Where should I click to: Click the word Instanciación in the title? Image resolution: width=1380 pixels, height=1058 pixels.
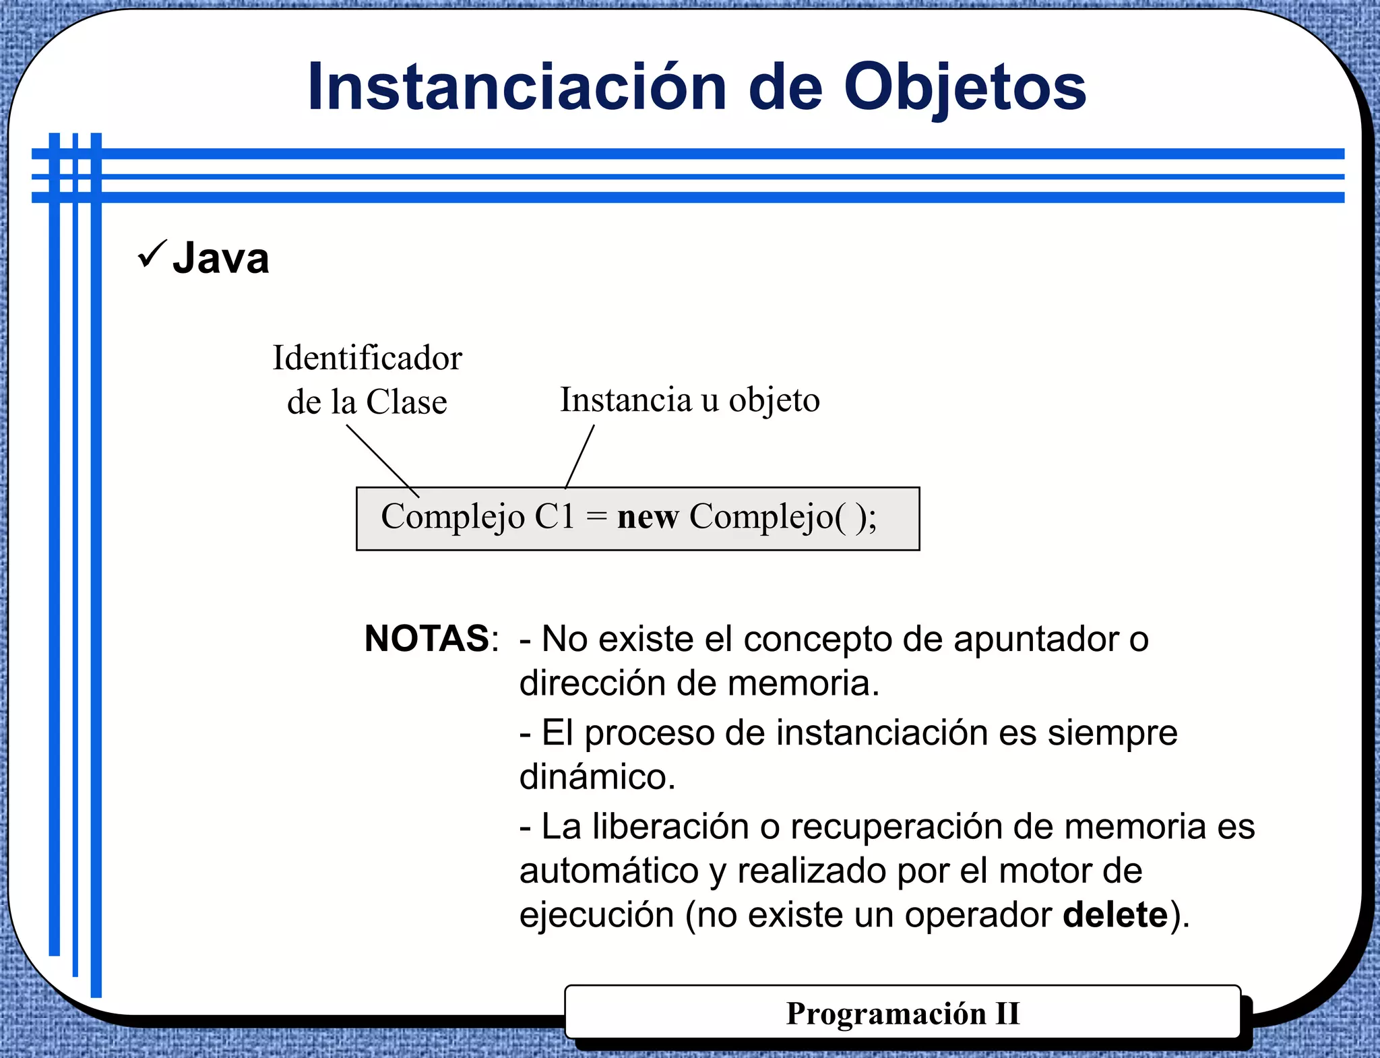tap(516, 88)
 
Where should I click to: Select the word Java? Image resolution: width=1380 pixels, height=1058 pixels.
tap(221, 259)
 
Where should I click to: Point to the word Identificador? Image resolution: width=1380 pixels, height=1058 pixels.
tap(367, 358)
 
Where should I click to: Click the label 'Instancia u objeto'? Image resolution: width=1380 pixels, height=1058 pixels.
tap(689, 400)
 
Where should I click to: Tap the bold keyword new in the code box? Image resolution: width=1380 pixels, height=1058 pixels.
tap(647, 518)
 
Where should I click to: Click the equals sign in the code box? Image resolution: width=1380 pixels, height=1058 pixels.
tap(596, 518)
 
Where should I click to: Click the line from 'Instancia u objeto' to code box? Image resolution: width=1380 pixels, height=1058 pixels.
tap(580, 456)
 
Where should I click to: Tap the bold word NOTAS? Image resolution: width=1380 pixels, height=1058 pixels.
tap(427, 638)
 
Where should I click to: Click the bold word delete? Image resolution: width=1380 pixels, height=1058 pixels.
tap(1115, 915)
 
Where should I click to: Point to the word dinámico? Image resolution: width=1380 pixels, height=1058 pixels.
tap(596, 777)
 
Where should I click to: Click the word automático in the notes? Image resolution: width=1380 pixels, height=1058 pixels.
tap(608, 871)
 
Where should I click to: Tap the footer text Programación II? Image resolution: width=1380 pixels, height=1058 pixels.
tap(902, 1014)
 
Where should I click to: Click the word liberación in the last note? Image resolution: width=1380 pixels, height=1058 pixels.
tap(670, 827)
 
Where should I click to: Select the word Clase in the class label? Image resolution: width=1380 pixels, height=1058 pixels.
tap(406, 402)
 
